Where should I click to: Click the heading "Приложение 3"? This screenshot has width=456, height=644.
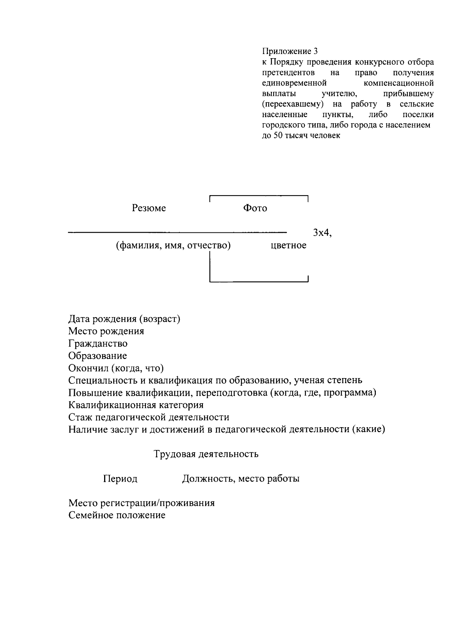[290, 51]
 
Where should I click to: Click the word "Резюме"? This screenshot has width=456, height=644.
[149, 208]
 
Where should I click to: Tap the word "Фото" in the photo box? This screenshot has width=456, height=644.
[255, 208]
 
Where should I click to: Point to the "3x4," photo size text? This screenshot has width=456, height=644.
[322, 233]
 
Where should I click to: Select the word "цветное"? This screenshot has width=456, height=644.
[288, 245]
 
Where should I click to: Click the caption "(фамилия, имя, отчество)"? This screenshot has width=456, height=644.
[173, 245]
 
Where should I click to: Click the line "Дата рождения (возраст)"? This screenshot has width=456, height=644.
[124, 319]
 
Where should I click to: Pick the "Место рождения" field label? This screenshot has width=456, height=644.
[106, 331]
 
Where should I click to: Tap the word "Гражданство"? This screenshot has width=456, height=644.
[98, 343]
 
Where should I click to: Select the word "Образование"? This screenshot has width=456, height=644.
[98, 356]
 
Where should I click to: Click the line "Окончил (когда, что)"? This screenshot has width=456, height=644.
[116, 368]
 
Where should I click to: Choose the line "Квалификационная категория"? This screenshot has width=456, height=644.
[136, 405]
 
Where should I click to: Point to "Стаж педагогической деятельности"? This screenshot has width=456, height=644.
[149, 417]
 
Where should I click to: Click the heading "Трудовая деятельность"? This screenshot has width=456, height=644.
[206, 454]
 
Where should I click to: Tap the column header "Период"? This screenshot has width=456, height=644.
[120, 479]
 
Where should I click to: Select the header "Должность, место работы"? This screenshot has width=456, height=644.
[241, 479]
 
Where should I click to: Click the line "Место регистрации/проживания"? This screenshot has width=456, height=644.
[141, 503]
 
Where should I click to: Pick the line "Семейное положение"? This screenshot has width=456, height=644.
[117, 515]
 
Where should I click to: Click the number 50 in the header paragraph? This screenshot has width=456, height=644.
[275, 135]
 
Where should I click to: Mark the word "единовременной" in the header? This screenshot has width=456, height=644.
[294, 83]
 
